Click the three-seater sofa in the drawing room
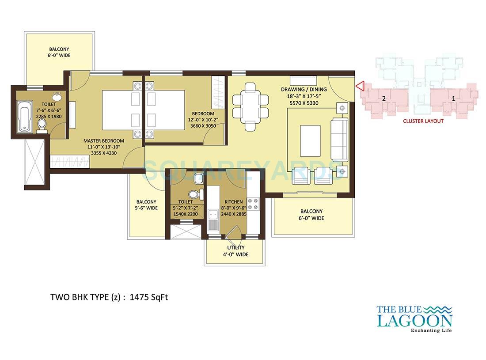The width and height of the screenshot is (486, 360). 339,139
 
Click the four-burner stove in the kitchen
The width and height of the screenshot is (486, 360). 253,203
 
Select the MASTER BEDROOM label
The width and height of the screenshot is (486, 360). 104,141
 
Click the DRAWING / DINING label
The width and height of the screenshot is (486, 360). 304,89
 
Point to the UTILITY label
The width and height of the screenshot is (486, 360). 235,248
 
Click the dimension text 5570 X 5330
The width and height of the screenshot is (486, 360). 304,103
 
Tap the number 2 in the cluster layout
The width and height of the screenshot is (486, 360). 384,99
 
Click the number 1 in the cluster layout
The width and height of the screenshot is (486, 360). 453,99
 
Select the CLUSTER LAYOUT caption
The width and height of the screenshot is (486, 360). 423,121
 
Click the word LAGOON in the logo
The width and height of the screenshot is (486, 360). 414,320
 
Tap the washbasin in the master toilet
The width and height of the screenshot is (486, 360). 57,96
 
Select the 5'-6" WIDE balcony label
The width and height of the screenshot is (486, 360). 146,208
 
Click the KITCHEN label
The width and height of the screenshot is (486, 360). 234,201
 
